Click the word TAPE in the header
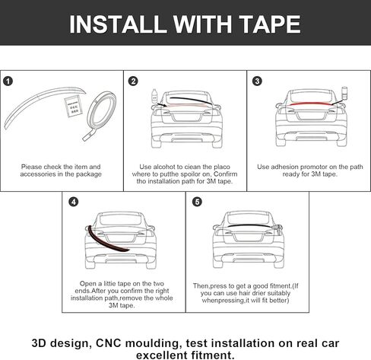pos(270,24)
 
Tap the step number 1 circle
pos(8,81)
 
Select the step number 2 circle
pos(133,81)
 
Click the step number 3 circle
pos(257,81)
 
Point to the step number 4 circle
pos(73,202)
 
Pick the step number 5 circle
pos(197,202)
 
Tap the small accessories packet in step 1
pos(73,107)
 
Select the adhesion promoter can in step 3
pos(344,94)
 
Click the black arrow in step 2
pos(162,104)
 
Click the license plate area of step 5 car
pos(248,237)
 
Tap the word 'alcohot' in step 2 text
pos(164,167)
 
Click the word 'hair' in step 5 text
pos(244,293)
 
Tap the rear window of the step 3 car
pos(311,97)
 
